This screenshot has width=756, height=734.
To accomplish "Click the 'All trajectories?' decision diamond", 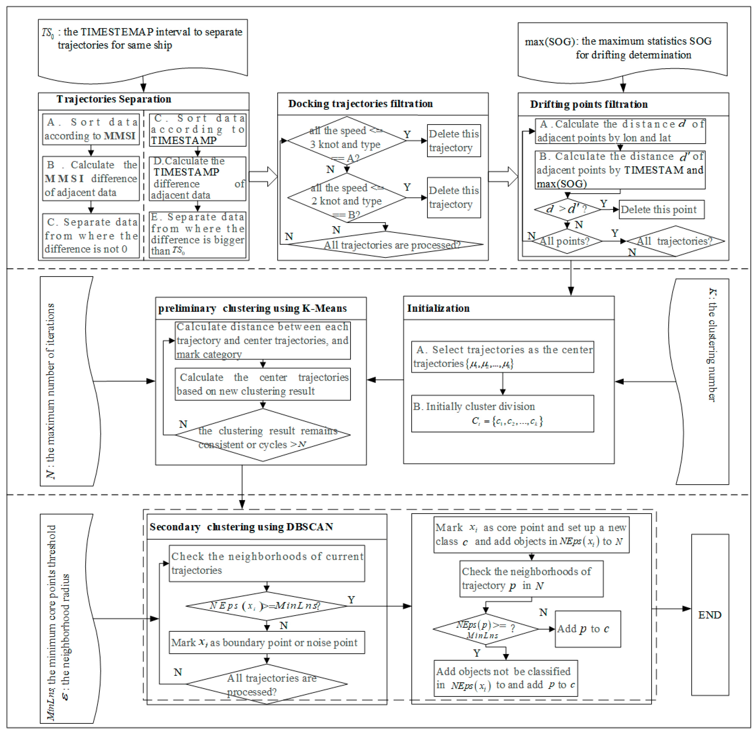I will (675, 241).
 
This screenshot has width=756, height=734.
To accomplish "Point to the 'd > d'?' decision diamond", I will (567, 209).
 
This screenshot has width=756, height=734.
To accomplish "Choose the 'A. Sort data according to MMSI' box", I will (91, 129).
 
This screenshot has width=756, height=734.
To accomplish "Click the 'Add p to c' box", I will (587, 629).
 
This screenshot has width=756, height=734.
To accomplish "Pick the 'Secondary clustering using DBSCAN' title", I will (241, 527).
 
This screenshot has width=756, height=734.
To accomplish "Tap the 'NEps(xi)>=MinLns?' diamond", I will (266, 606).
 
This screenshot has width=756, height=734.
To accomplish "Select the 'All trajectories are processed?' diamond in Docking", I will (386, 245).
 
